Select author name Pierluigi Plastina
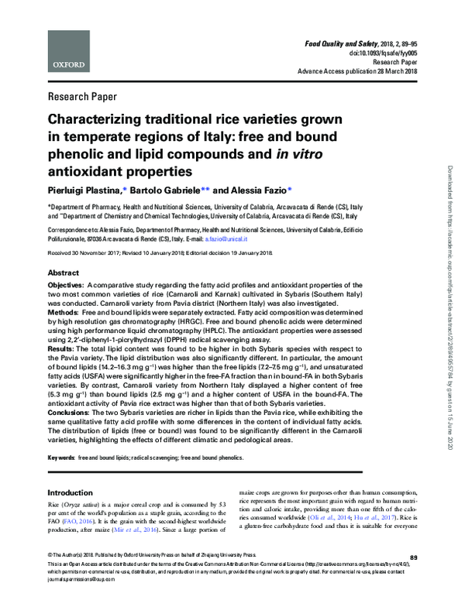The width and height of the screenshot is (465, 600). (x=88, y=189)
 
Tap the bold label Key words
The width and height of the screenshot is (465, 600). (x=62, y=458)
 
